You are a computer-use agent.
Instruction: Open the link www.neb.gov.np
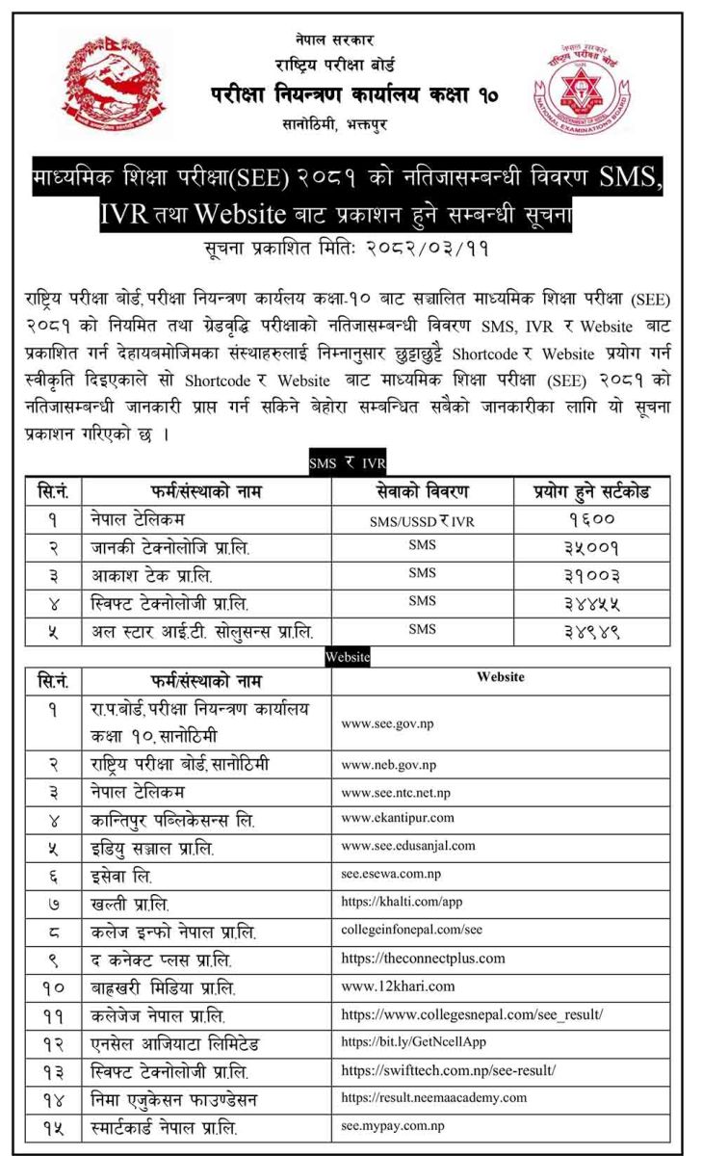coord(389,765)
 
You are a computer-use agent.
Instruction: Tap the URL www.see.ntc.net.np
coord(396,791)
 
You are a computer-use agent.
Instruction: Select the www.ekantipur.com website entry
coord(398,819)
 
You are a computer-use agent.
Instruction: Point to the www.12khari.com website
coord(398,986)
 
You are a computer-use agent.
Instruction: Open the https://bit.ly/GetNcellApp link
coord(409,1042)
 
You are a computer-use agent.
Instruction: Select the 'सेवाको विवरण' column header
coord(422,491)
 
